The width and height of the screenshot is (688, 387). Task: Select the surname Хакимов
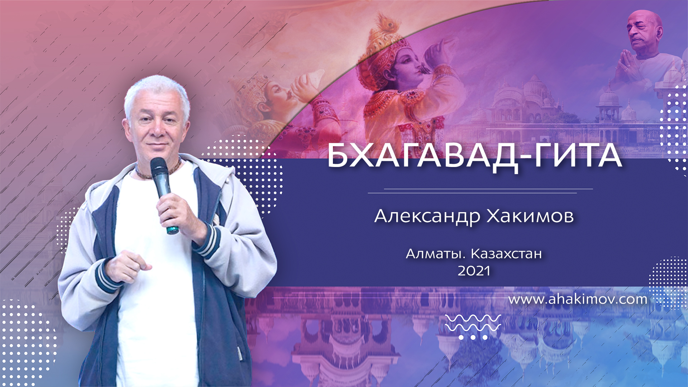click(530, 216)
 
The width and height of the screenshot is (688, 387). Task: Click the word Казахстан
click(506, 254)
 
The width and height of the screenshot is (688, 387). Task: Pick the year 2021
click(474, 271)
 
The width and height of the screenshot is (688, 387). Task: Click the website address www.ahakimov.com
click(578, 299)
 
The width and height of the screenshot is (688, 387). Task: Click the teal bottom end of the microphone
click(172, 229)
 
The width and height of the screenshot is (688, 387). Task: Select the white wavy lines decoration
click(473, 323)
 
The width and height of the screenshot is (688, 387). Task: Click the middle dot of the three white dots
click(473, 337)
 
